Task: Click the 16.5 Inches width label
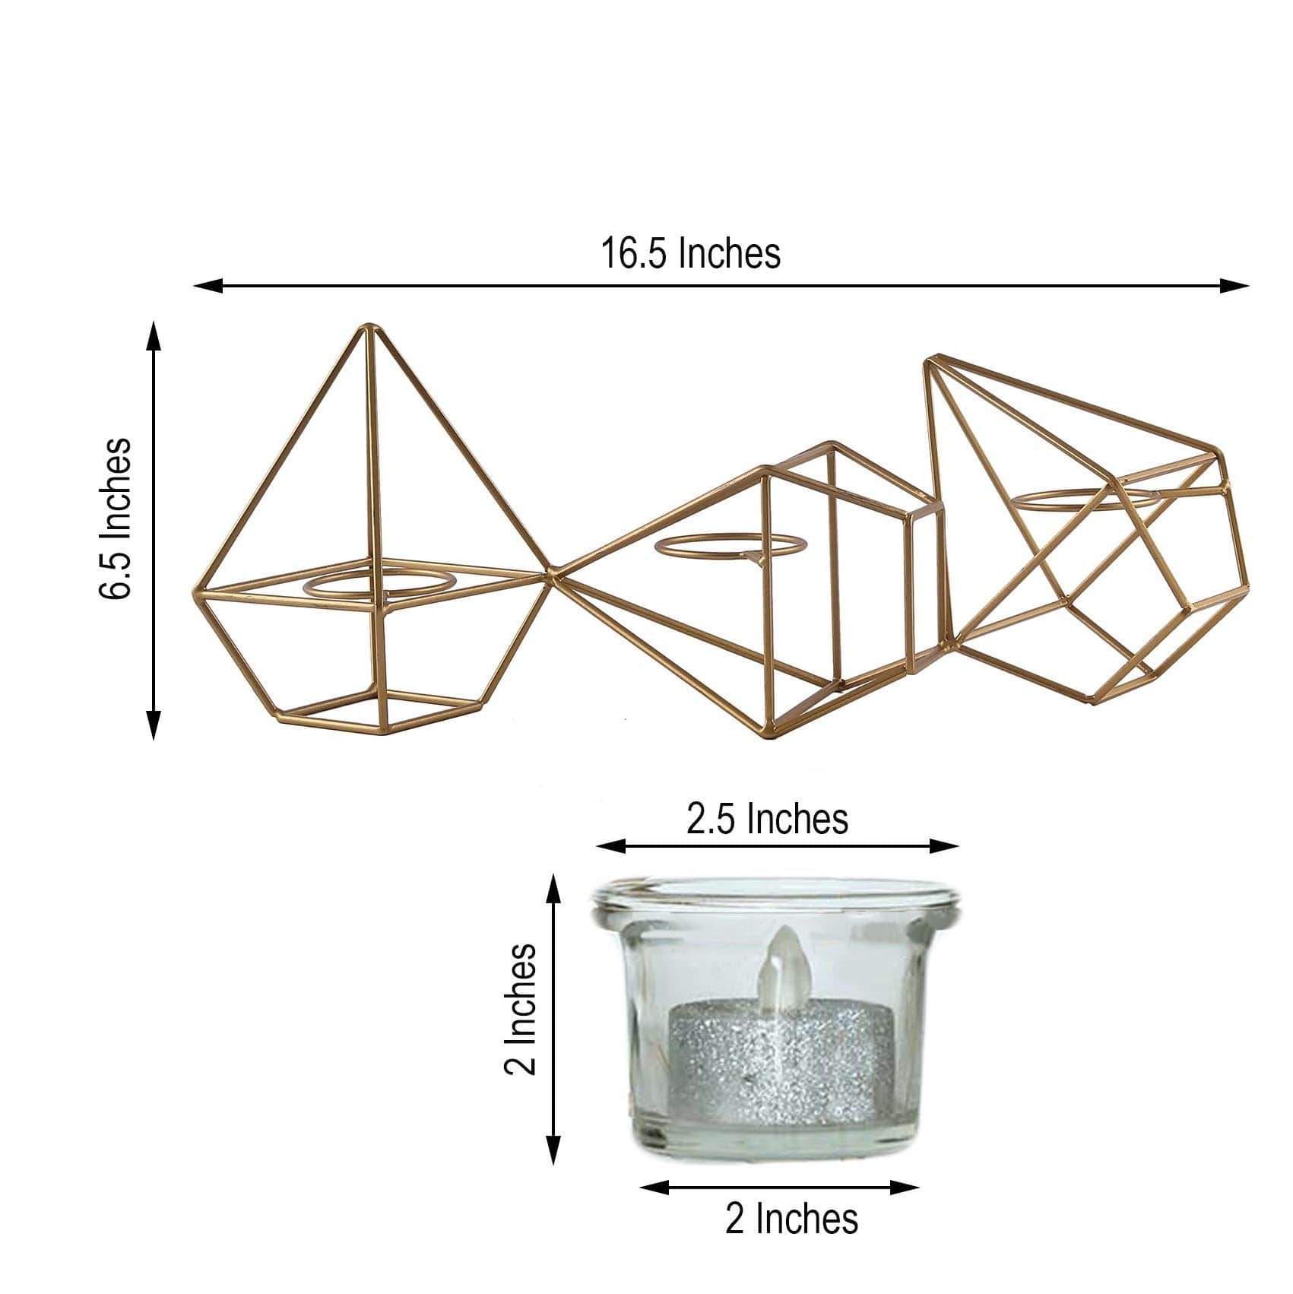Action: coord(690,253)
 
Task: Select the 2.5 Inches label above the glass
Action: coord(767,820)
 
